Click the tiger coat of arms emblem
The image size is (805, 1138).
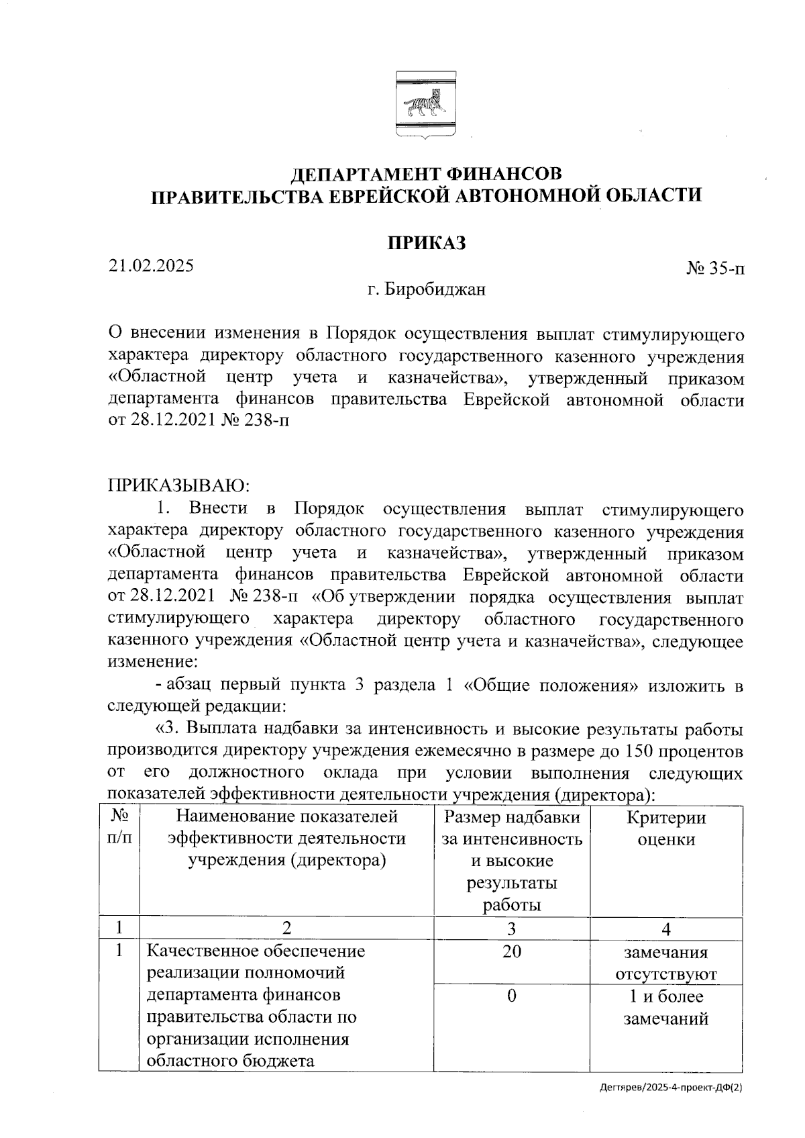click(x=425, y=104)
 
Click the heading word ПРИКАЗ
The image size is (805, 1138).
click(x=426, y=243)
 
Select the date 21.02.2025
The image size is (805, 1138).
click(x=152, y=266)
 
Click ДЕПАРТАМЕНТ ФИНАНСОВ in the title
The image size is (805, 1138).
click(x=426, y=175)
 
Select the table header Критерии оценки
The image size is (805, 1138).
click(x=665, y=828)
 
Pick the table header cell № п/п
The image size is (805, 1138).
click(x=119, y=828)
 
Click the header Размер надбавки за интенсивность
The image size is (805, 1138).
click(x=511, y=828)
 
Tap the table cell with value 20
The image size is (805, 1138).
click(x=511, y=951)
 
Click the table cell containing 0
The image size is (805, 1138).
click(x=511, y=996)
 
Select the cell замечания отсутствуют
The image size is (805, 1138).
click(x=665, y=963)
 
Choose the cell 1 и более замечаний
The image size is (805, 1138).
click(x=665, y=1007)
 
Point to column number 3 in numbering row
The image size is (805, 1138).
click(x=511, y=929)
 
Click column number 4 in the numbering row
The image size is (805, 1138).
click(x=665, y=929)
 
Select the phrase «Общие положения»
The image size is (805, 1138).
click(x=550, y=685)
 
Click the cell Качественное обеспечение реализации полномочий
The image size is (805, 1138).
click(x=256, y=962)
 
